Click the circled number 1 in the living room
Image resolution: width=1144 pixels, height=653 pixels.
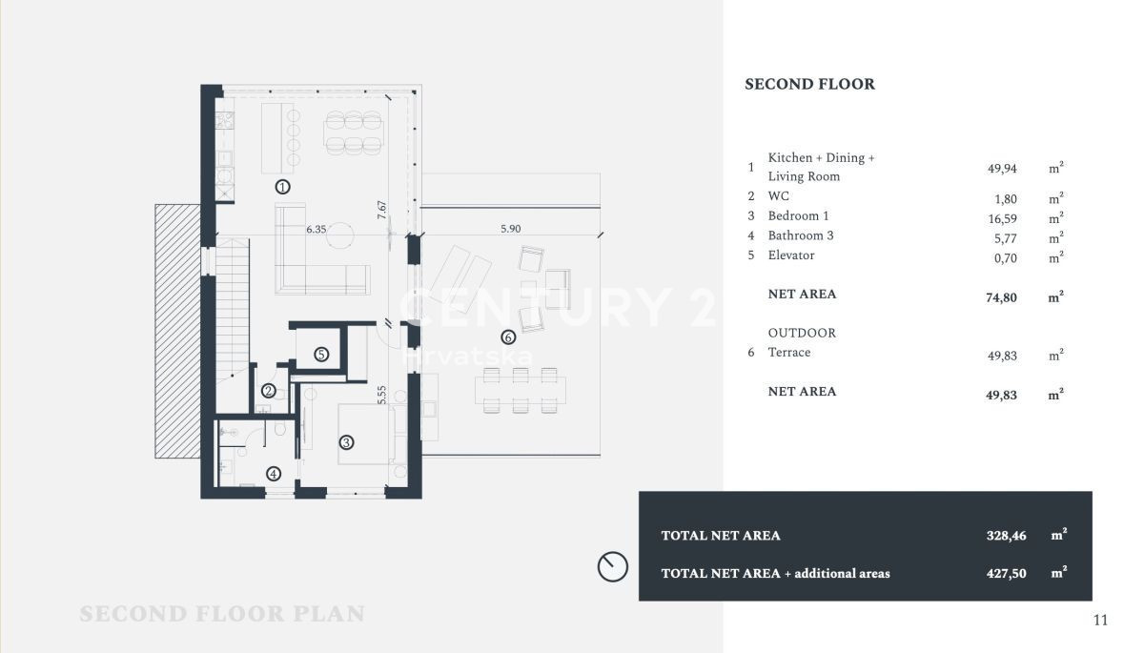[x=282, y=187]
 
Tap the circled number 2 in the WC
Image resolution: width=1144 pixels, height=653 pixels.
[x=269, y=391]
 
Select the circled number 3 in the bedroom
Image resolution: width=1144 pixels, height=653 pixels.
[x=346, y=442]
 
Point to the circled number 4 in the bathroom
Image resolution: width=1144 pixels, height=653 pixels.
[x=274, y=474]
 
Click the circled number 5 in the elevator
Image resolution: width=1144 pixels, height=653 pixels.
[x=321, y=354]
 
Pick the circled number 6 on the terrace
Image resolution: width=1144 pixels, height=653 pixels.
[x=507, y=337]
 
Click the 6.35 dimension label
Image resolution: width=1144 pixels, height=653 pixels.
[x=317, y=229]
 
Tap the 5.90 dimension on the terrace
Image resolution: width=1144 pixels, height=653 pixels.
[x=511, y=229]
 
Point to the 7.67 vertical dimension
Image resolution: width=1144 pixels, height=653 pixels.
[x=381, y=210]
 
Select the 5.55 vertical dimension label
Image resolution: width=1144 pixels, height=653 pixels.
[x=381, y=395]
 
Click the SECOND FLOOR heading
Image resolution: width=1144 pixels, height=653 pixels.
[x=809, y=84]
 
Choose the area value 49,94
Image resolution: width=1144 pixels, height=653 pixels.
[x=1002, y=169]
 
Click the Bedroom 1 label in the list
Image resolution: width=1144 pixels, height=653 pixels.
[x=798, y=215]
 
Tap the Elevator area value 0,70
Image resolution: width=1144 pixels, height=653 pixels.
[x=1005, y=258]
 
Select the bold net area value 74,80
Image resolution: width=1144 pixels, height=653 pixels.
[x=1001, y=297]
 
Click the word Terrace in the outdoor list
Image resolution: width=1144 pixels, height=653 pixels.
[x=789, y=353]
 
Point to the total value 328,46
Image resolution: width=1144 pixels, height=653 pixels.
[x=1006, y=536]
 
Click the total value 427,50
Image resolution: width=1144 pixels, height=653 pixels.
[x=1006, y=573]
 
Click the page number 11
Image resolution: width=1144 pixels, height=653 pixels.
[x=1100, y=621]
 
